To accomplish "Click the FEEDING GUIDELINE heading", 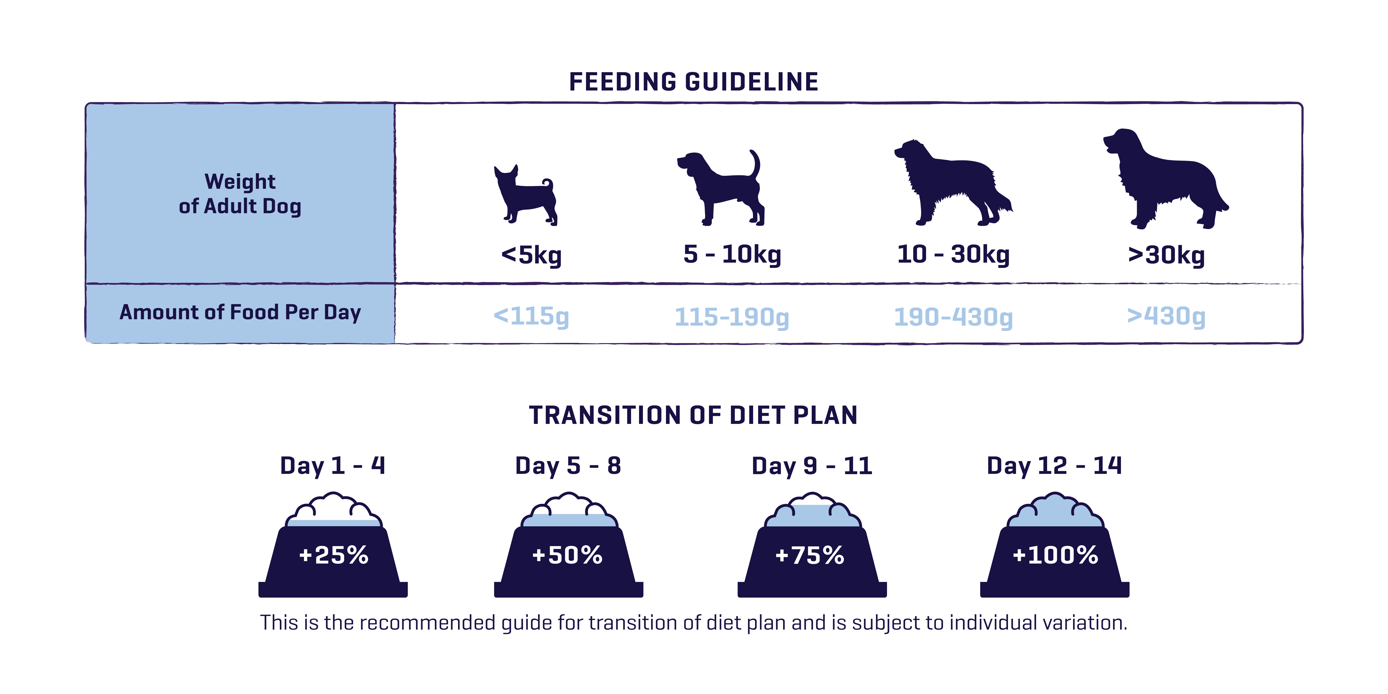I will click(x=693, y=82).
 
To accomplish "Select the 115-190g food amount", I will click(x=732, y=317).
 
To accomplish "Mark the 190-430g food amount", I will click(x=953, y=317).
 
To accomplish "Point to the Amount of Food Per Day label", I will click(x=240, y=313).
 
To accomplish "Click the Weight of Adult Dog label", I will click(x=240, y=194).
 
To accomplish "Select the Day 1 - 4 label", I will click(x=333, y=466).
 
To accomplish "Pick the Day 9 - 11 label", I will click(x=811, y=466).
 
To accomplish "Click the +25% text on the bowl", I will click(x=333, y=555).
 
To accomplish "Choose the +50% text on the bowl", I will click(x=567, y=555).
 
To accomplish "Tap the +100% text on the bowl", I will click(x=1055, y=555).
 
